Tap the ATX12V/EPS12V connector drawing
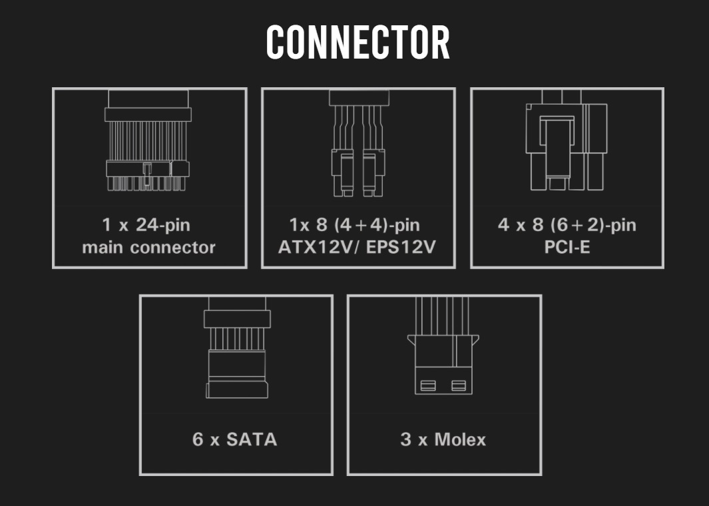357,143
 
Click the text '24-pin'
162,225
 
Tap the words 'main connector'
148,248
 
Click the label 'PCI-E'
567,248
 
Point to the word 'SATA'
252,439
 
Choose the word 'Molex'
460,439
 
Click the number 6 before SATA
198,439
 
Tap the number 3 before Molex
405,439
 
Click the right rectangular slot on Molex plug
459,385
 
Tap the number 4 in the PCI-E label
503,225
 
